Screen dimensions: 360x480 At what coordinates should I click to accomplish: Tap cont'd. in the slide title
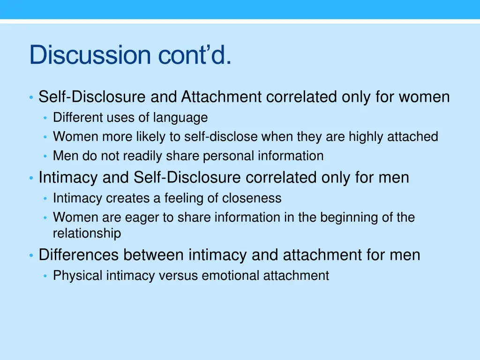[x=194, y=55]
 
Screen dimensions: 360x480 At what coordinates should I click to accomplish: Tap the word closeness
[x=252, y=198]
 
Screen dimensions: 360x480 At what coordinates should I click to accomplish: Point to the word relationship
[x=87, y=233]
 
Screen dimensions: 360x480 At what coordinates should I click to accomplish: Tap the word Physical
[x=78, y=276]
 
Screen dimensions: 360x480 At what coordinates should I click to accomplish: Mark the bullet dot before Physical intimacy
[x=45, y=277]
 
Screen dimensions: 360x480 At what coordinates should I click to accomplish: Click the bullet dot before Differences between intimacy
[x=31, y=256]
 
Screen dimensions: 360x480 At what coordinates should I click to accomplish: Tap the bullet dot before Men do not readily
[x=45, y=157]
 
